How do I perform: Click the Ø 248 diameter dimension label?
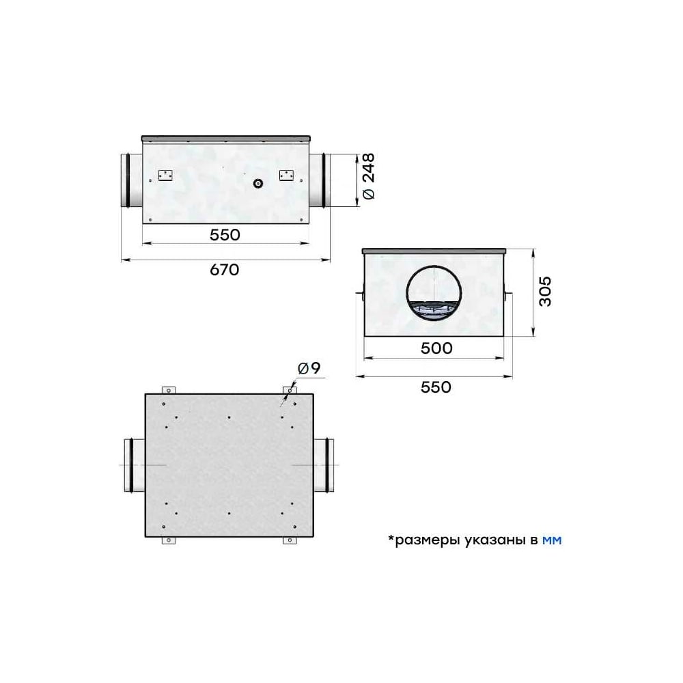click(369, 176)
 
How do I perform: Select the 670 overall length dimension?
click(224, 270)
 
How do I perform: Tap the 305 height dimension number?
click(544, 292)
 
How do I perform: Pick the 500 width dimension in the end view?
click(436, 348)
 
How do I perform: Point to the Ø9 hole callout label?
click(309, 369)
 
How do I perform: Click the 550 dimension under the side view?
click(225, 235)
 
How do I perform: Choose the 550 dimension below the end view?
click(436, 387)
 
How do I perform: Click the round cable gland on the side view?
click(258, 183)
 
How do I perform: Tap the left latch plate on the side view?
click(165, 176)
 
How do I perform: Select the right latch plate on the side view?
click(286, 175)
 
